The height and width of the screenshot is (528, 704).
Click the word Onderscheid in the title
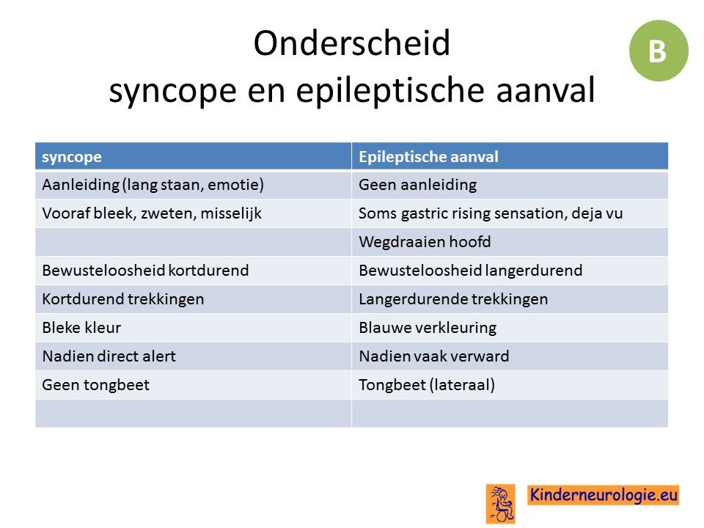tap(351, 43)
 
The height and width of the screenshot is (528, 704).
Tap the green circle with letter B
tap(659, 51)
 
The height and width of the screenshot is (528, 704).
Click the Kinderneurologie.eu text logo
tap(603, 495)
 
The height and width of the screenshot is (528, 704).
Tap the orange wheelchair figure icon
tap(501, 504)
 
